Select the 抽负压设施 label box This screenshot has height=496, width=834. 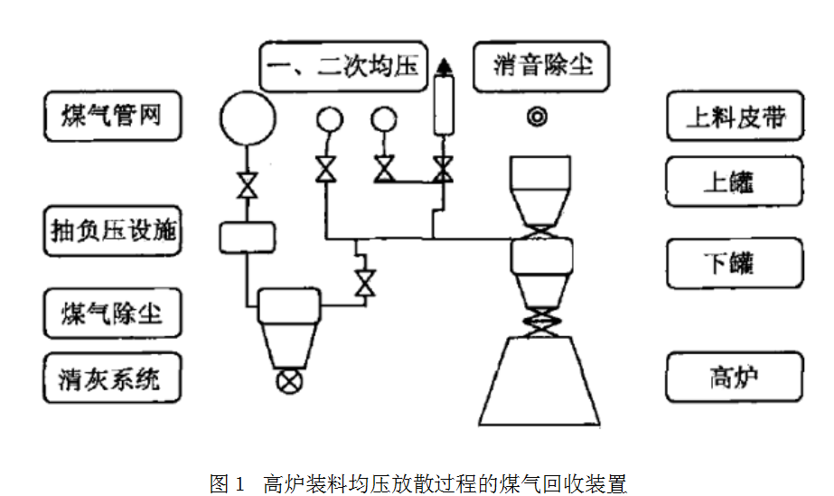pos(112,231)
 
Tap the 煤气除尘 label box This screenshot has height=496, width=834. pos(112,313)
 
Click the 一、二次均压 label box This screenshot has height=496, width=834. pos(343,66)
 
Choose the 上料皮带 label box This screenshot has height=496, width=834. pos(735,117)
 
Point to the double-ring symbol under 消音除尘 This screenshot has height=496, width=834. pos(539,117)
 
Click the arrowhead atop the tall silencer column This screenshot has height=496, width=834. pos(443,66)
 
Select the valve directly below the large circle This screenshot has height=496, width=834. pos(246,185)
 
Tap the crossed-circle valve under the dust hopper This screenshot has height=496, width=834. pos(289,379)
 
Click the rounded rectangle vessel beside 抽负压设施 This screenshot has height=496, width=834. pos(246,237)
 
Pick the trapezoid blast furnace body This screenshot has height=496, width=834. pos(539,379)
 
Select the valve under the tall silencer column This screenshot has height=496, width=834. pos(443,169)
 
